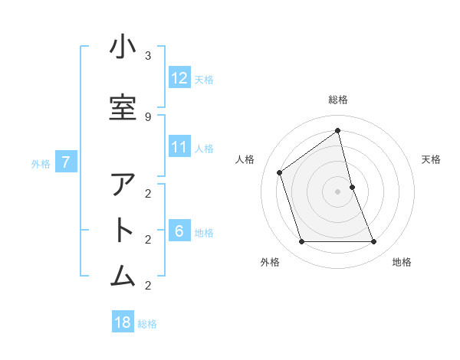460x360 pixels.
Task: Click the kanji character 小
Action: [123, 47]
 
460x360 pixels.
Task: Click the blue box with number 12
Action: [179, 78]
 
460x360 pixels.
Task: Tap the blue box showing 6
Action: [179, 231]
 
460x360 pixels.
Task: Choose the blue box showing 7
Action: [67, 162]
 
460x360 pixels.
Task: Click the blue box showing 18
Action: [123, 322]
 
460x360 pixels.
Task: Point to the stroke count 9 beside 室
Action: [148, 116]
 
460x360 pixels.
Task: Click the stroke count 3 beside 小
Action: [148, 55]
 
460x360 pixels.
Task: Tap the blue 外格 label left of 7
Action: [41, 163]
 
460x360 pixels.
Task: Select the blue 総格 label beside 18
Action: [147, 323]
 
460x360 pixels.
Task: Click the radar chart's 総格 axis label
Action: [338, 100]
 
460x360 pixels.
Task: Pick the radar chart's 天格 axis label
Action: [432, 159]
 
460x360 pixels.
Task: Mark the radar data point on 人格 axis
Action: [280, 172]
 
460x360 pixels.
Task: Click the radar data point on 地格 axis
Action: [374, 242]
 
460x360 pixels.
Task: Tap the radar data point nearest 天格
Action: [352, 187]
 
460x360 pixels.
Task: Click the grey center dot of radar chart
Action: [338, 191]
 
